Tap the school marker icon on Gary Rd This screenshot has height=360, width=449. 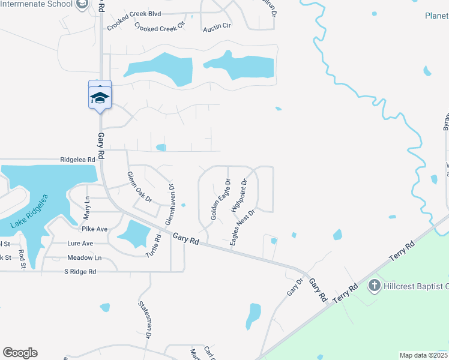click(100, 97)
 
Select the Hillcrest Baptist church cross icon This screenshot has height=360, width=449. click(374, 286)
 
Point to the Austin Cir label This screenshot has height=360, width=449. click(217, 28)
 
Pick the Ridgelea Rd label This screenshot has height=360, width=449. click(78, 160)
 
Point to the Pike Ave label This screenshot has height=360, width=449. click(94, 229)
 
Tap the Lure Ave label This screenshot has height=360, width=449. click(79, 244)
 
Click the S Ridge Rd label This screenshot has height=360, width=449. click(80, 272)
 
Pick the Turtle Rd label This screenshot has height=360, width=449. click(154, 246)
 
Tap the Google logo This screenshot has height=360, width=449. click(20, 353)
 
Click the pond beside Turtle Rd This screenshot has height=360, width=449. click(133, 234)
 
